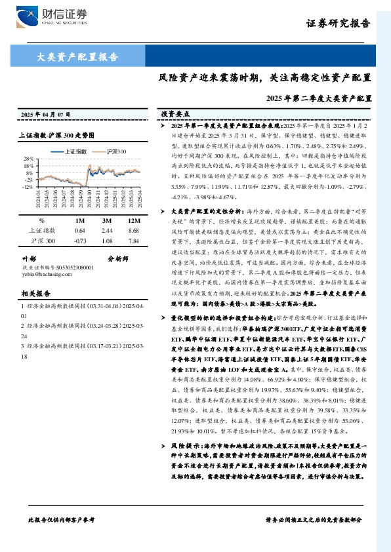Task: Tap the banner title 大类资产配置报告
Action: click(x=77, y=56)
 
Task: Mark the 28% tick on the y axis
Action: click(x=28, y=159)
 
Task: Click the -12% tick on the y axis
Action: click(x=28, y=187)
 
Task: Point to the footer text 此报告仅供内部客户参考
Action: click(x=62, y=519)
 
